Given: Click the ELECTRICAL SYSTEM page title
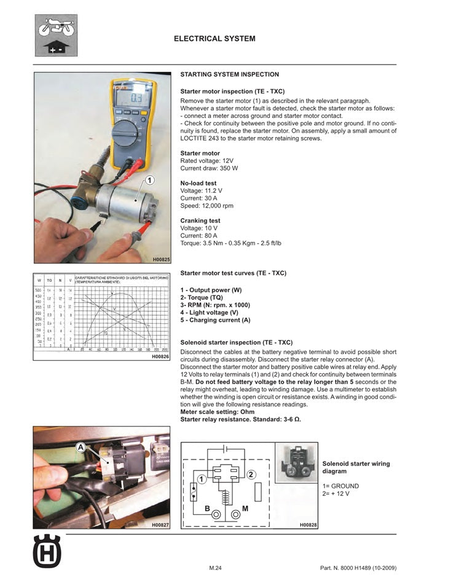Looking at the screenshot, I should tap(214, 39).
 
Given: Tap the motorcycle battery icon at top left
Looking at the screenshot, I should tap(56, 36).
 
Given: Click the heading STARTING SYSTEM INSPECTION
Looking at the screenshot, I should tap(229, 74).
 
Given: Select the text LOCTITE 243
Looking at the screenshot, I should tap(203, 138).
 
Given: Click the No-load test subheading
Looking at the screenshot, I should tap(198, 183).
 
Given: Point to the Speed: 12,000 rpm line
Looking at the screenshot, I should tap(206, 206).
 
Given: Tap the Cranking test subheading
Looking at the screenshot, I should tap(200, 221).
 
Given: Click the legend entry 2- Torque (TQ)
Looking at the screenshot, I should tap(206, 297).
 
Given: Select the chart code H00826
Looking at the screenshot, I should tap(160, 356).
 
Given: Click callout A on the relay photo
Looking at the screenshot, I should tap(81, 448).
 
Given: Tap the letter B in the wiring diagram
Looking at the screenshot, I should tap(207, 509).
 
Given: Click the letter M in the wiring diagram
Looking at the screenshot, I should tap(245, 509).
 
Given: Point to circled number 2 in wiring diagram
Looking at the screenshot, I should tap(251, 474).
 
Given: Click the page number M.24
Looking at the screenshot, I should tap(215, 568).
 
